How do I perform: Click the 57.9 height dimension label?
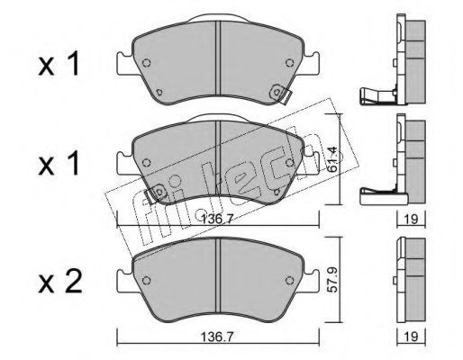[333, 280]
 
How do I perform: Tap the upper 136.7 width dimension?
[217, 219]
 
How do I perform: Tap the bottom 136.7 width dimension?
[217, 337]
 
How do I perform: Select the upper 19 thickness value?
[411, 219]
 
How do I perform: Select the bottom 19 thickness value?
[411, 337]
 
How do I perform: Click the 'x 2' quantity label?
[60, 282]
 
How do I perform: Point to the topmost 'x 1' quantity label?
[59, 64]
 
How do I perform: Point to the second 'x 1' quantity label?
[59, 164]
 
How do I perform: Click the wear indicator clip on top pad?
[280, 94]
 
